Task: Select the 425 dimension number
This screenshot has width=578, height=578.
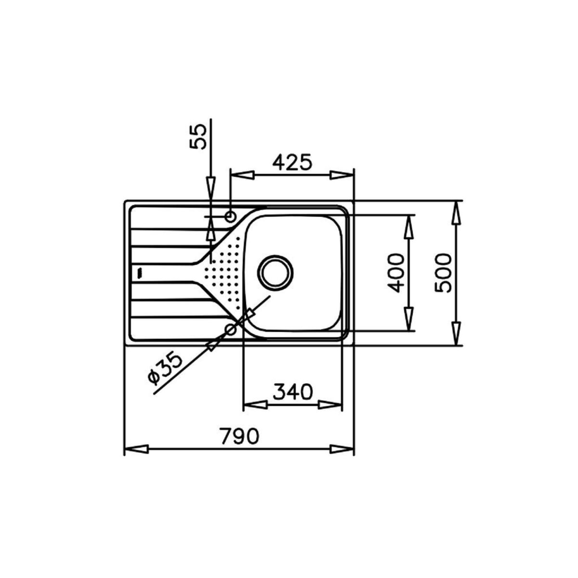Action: click(x=292, y=162)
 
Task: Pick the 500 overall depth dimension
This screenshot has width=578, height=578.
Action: click(x=443, y=273)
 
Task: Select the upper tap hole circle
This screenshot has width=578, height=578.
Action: click(x=231, y=216)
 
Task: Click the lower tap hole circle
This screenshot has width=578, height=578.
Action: click(x=231, y=330)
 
